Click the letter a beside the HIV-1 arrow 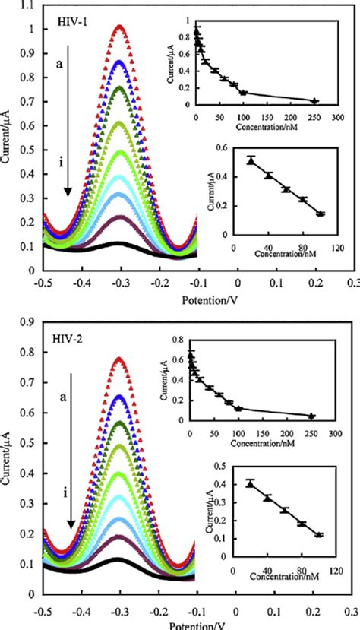coord(58,66)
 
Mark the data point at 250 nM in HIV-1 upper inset coord(314,100)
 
